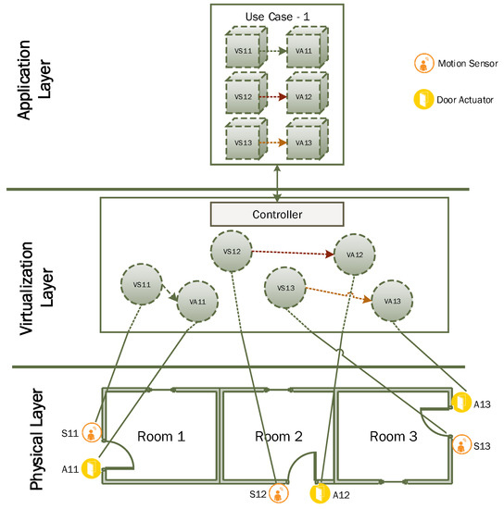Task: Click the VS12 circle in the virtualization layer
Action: pyautogui.click(x=232, y=251)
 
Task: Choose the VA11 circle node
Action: pyautogui.click(x=197, y=301)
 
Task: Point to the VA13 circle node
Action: pyautogui.click(x=392, y=301)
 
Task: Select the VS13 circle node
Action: pyautogui.click(x=286, y=288)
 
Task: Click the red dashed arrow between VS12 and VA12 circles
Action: pyautogui.click(x=292, y=253)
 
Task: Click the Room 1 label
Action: pyautogui.click(x=161, y=435)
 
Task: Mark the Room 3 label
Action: pyautogui.click(x=393, y=435)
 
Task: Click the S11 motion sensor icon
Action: pyautogui.click(x=91, y=432)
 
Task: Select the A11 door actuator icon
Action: pyautogui.click(x=91, y=468)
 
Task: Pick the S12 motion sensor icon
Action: pyautogui.click(x=278, y=492)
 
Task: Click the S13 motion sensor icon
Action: pyautogui.click(x=460, y=445)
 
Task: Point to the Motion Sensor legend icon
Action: pyautogui.click(x=422, y=64)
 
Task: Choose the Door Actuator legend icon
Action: pyautogui.click(x=422, y=100)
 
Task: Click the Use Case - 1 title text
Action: pyautogui.click(x=277, y=16)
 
